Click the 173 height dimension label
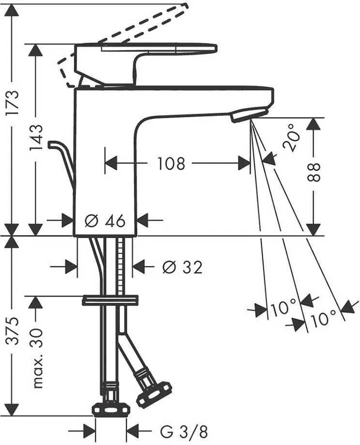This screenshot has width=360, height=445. pos(14,102)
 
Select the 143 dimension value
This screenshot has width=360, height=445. pos(37,138)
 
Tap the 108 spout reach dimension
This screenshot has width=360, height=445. pos(171,163)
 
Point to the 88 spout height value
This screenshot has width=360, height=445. pos(314,172)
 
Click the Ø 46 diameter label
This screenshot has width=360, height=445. pos(105,221)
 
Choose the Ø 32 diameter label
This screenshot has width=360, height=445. pos(182,267)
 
